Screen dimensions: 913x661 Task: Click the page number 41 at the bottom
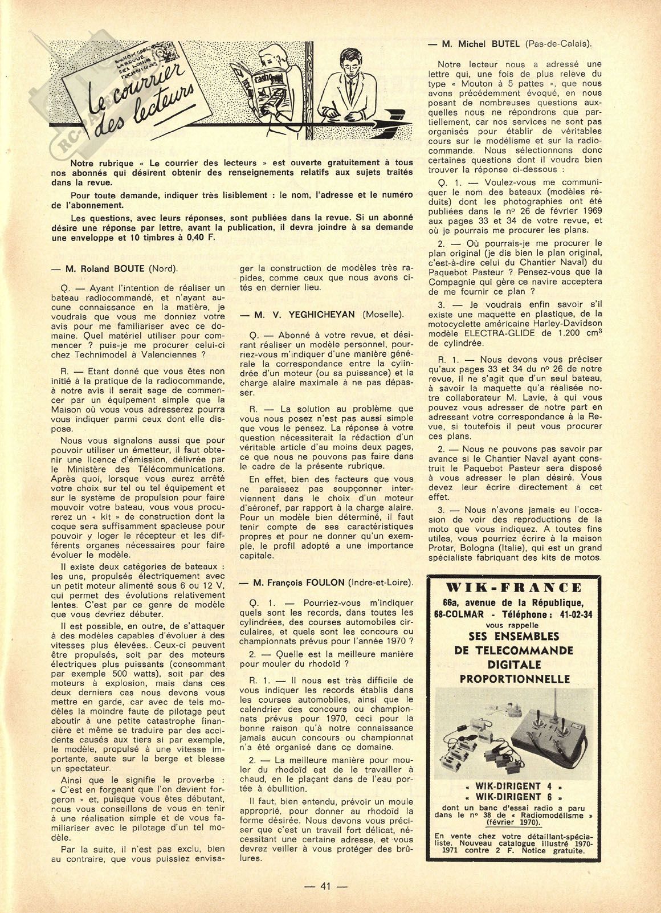click(326, 886)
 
